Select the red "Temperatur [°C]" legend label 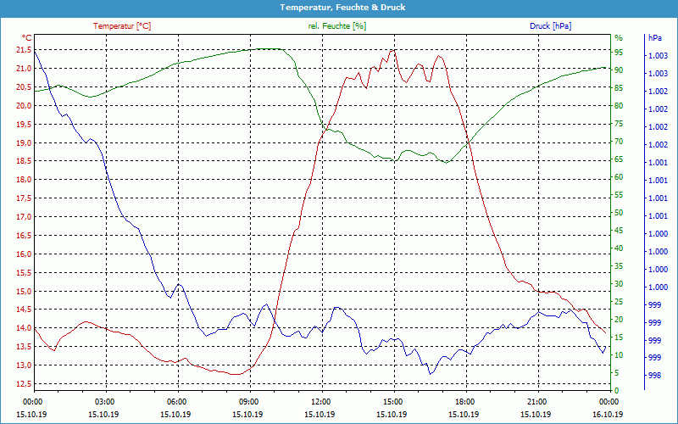(122, 26)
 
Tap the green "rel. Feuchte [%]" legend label (337, 26)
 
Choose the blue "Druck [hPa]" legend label (550, 26)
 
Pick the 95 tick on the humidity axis (619, 53)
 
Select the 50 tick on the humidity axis (619, 213)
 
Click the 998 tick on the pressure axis (654, 375)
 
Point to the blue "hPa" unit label (654, 38)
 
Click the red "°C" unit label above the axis (27, 38)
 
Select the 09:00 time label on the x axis (249, 401)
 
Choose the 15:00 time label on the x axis (393, 401)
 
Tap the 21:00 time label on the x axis (537, 401)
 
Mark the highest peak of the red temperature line (392, 50)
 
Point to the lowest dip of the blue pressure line (431, 374)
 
